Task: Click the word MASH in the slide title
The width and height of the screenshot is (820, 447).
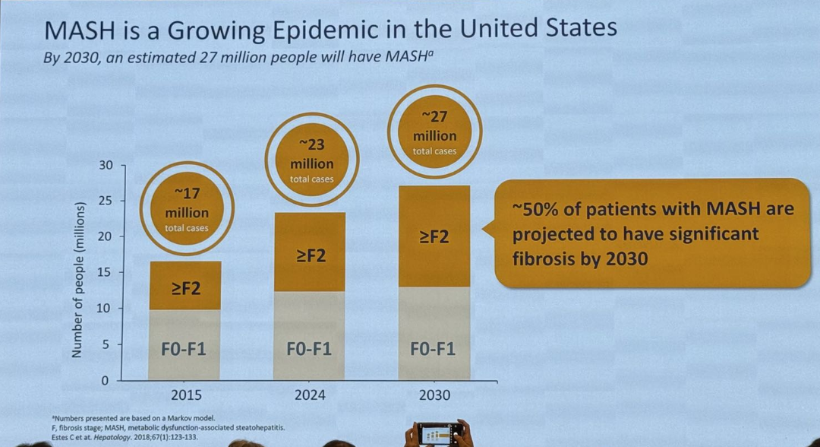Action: coord(80,31)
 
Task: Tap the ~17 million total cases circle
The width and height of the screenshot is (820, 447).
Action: coord(187,209)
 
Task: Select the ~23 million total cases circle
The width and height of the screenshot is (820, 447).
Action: coord(312,160)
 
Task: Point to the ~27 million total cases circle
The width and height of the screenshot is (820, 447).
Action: coord(434,132)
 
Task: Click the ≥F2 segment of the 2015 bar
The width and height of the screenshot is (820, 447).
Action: coord(185,286)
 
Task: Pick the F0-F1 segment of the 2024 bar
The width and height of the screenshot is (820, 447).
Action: coord(309,335)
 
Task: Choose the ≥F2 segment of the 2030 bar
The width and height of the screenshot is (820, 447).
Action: coord(434,236)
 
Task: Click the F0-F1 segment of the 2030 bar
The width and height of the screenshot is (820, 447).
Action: coord(434,334)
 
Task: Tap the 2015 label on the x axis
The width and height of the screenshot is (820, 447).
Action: coord(186,395)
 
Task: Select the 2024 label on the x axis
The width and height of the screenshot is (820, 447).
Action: coord(310,395)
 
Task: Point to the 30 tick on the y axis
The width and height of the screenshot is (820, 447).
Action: coord(106,166)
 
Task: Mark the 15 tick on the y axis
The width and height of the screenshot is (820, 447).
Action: coord(106,273)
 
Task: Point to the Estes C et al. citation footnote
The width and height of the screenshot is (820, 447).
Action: coord(125,437)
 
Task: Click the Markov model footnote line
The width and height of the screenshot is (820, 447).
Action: coord(134,418)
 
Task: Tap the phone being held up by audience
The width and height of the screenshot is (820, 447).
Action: coord(438,433)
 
